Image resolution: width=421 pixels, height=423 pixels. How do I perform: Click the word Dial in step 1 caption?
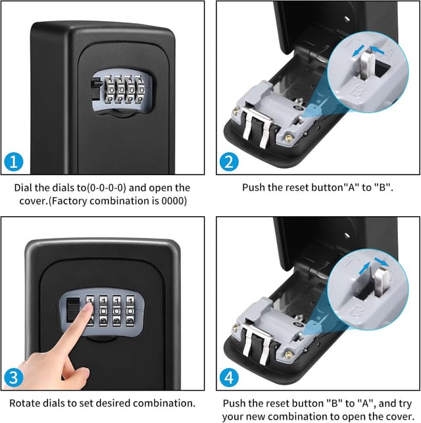[24, 188]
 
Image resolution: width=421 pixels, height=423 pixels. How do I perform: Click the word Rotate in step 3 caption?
[24, 403]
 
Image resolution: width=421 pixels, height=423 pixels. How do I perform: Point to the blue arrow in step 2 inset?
[379, 50]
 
